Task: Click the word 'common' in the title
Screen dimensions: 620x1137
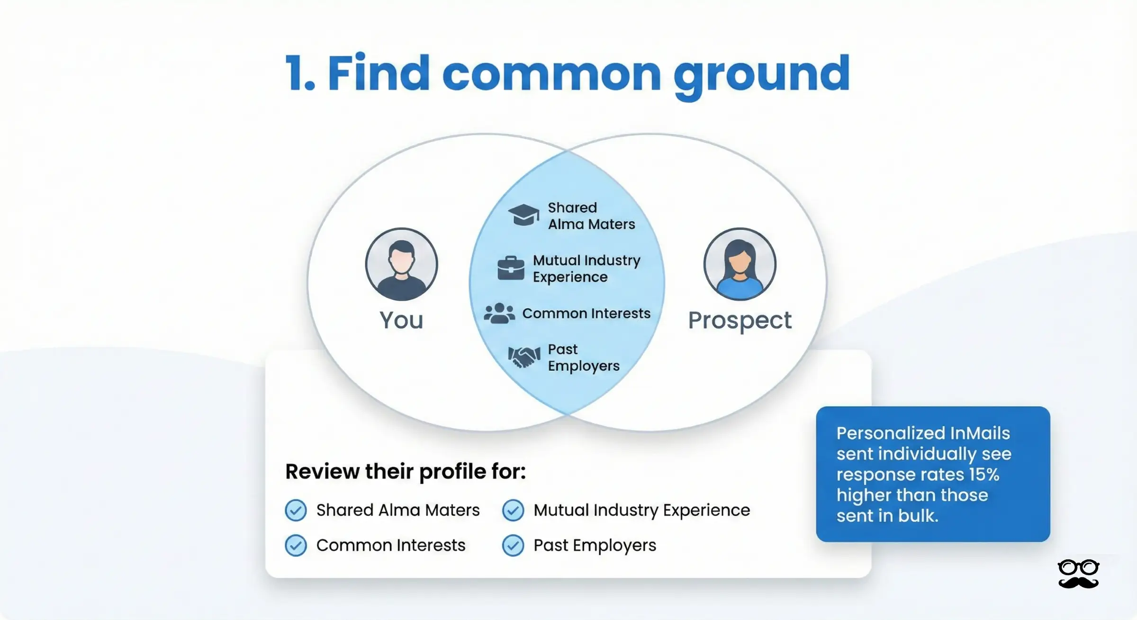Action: tap(551, 73)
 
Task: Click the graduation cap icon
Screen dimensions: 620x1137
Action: tap(523, 215)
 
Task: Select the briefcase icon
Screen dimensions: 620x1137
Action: tap(511, 268)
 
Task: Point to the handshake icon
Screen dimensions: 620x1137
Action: tap(524, 357)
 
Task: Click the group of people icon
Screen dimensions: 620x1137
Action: tap(499, 314)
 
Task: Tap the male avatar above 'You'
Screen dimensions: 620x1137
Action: tap(401, 264)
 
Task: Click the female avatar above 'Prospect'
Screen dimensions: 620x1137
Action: tap(740, 264)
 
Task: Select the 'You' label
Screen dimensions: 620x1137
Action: tap(401, 320)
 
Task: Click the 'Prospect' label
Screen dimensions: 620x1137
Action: tap(740, 321)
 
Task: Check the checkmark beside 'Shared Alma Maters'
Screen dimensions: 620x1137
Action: tap(296, 510)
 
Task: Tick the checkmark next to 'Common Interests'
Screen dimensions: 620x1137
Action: tap(296, 545)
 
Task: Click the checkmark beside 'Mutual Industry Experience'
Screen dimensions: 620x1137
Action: tap(513, 510)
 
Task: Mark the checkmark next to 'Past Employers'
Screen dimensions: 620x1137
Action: tap(513, 545)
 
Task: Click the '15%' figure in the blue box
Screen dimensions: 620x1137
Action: tap(984, 474)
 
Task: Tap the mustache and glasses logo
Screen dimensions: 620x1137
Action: tap(1078, 574)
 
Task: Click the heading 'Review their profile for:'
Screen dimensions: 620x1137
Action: tap(406, 471)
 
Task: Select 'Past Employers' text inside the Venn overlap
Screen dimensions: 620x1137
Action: tap(583, 358)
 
